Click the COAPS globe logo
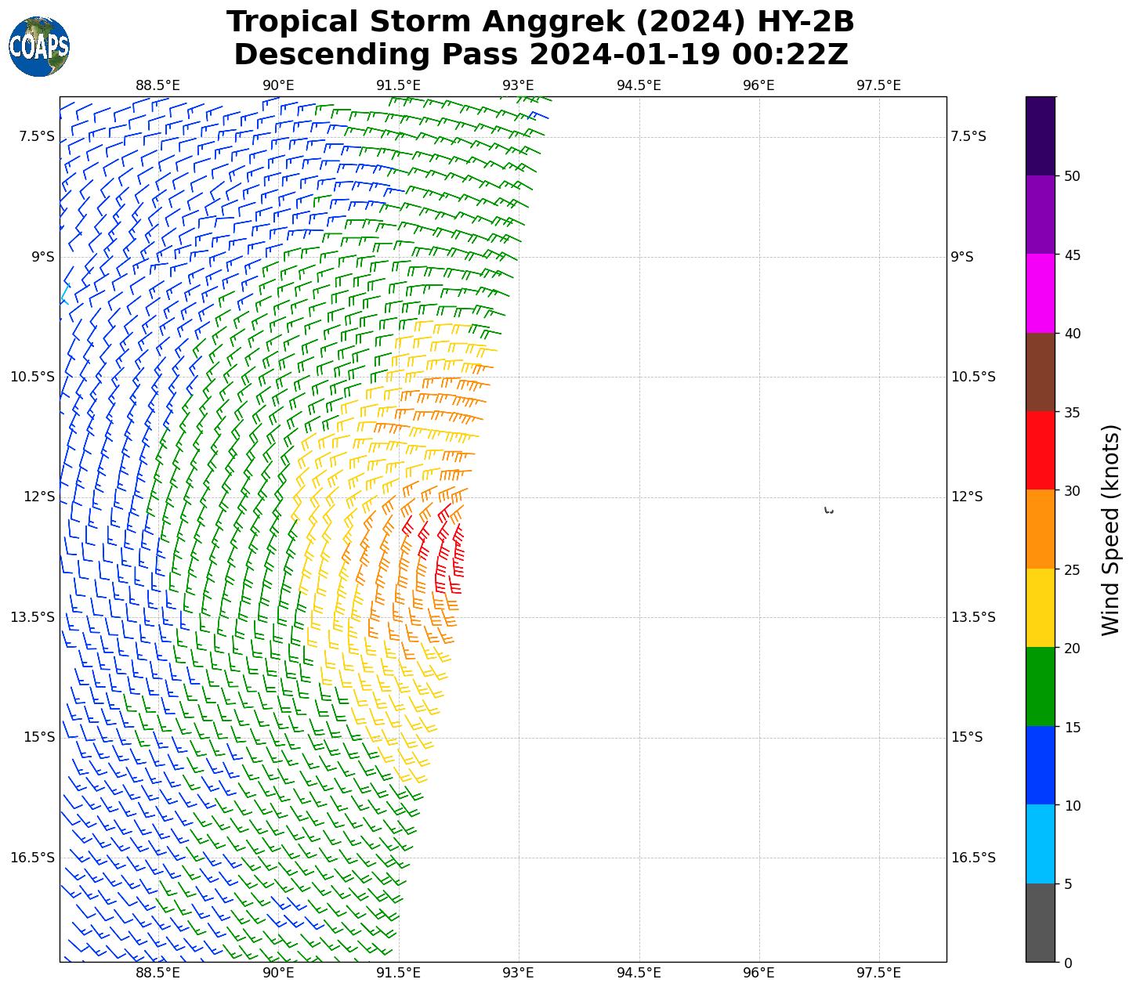pyautogui.click(x=39, y=46)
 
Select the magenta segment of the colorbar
pyautogui.click(x=1041, y=293)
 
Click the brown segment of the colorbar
pyautogui.click(x=1041, y=372)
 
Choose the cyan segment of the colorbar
pyautogui.click(x=1041, y=844)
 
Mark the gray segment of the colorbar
pyautogui.click(x=1041, y=923)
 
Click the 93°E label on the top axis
pyautogui.click(x=518, y=85)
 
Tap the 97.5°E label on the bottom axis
pyautogui.click(x=878, y=973)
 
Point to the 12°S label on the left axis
pyautogui.click(x=40, y=497)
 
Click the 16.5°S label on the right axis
pyautogui.click(x=972, y=858)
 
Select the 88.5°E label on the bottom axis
pyautogui.click(x=157, y=973)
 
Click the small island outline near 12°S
pyautogui.click(x=829, y=511)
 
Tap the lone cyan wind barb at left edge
pyautogui.click(x=65, y=294)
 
